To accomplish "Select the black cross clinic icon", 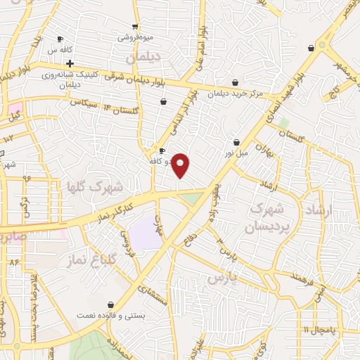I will tap(70, 63).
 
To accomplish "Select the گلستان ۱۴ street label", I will tap(119, 110).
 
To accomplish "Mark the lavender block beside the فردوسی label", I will tap(146, 233).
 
